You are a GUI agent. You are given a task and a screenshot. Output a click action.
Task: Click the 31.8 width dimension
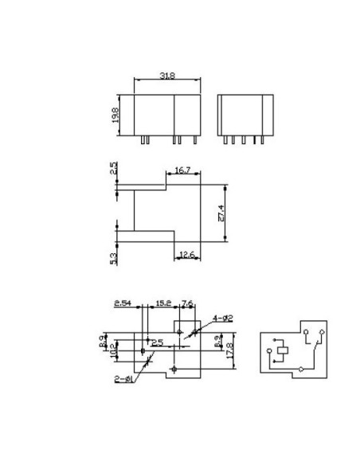click(x=167, y=76)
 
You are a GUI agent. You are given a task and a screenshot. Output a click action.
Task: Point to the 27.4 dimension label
click(x=221, y=213)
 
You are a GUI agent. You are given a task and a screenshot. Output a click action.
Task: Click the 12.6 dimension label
click(x=187, y=254)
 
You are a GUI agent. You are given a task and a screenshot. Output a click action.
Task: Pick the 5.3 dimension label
click(x=114, y=258)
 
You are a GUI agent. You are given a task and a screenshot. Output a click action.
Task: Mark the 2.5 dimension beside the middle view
click(x=114, y=169)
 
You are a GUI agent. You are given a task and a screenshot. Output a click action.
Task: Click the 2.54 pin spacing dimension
click(x=123, y=303)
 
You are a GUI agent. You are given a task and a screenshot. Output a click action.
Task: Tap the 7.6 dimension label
click(x=187, y=303)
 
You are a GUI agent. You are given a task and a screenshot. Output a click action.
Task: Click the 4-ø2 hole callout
click(x=222, y=318)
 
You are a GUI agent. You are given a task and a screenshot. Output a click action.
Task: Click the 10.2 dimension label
click(x=114, y=350)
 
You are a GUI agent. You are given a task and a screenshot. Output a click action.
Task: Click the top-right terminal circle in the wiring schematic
click(x=320, y=330)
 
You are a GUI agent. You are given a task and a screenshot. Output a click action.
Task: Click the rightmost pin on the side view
click(x=263, y=139)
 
